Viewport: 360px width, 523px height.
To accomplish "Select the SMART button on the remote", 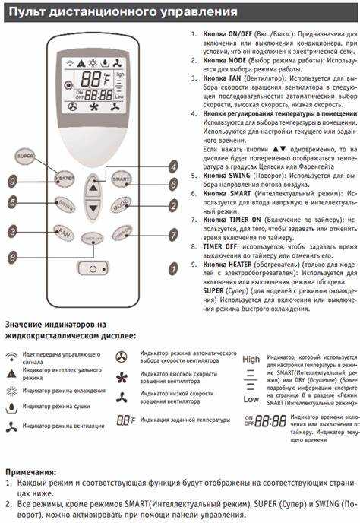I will tap(121, 179).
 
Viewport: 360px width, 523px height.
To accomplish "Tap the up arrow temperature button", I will tap(92, 186).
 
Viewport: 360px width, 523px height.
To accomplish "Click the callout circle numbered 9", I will tap(12, 181).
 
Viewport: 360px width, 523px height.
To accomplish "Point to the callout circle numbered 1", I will tap(173, 267).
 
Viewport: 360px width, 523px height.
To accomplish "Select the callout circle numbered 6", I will tap(173, 184).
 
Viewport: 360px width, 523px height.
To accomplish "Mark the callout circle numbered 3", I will tap(12, 230).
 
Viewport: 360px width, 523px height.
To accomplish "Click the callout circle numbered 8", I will tap(12, 258).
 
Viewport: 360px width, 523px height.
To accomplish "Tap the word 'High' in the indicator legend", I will tap(251, 359).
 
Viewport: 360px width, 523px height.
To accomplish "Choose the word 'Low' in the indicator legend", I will tap(251, 399).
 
